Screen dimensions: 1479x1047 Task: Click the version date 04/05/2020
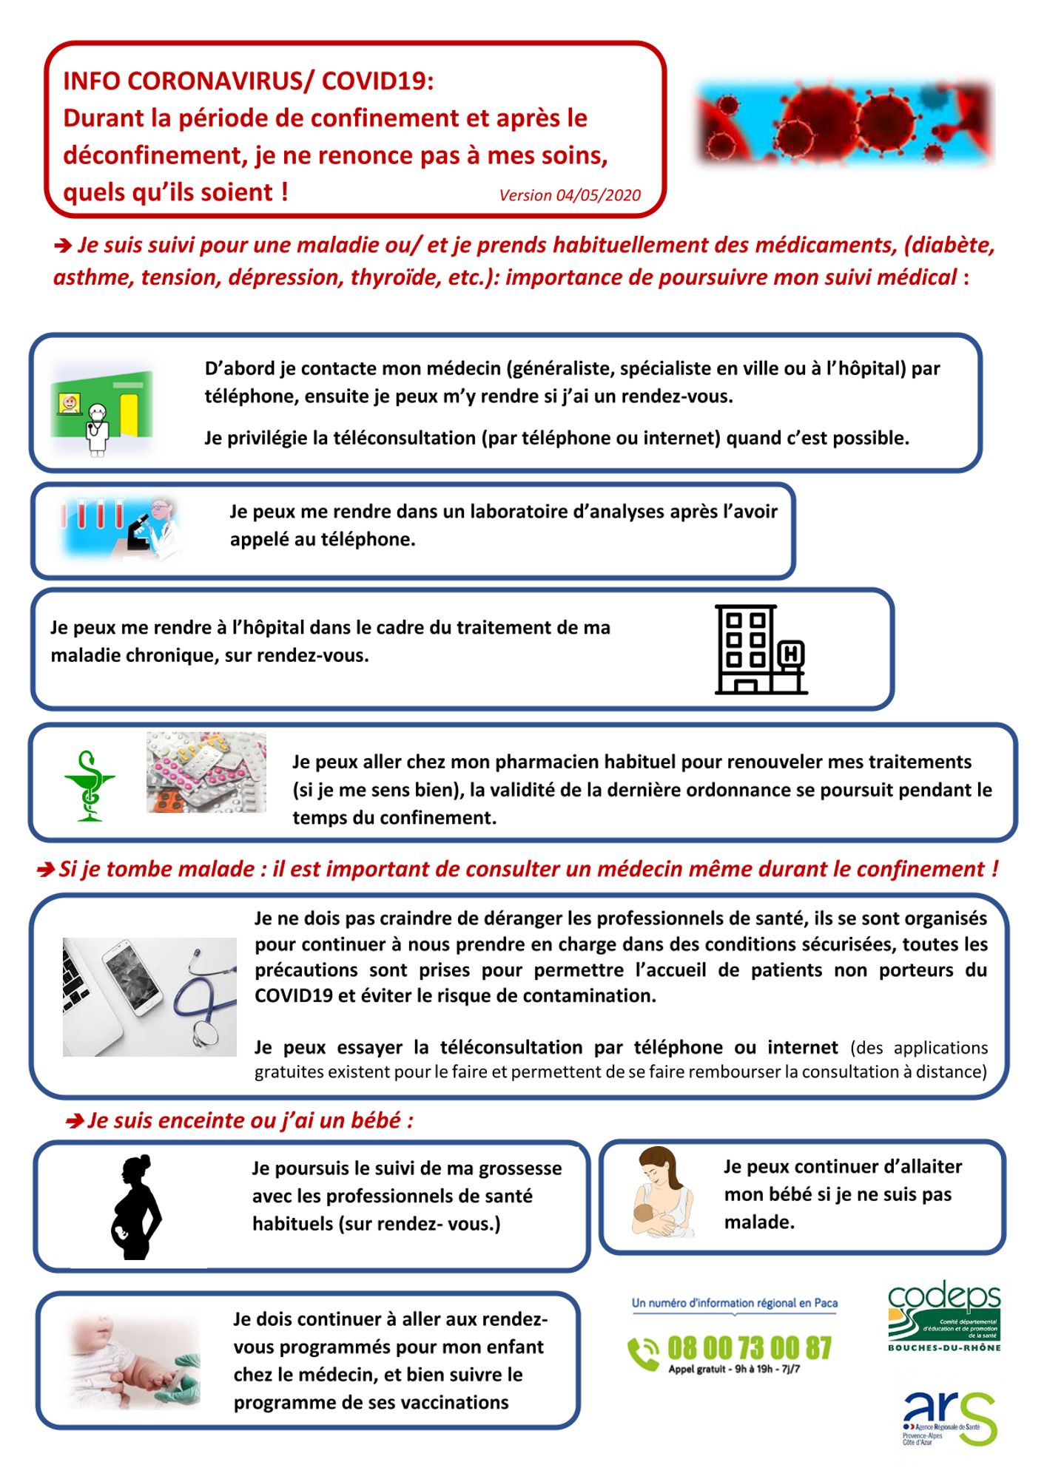click(570, 195)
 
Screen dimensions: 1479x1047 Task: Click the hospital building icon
click(760, 649)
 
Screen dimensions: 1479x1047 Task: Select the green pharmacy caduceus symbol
click(90, 785)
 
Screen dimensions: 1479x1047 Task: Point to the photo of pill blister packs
click(206, 773)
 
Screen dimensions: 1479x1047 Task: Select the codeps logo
click(944, 1313)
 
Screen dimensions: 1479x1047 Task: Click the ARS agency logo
click(949, 1417)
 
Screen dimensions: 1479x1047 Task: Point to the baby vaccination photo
click(134, 1361)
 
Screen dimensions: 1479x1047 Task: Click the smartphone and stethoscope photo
click(149, 997)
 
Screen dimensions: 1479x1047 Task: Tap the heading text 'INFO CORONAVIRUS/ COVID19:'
click(249, 81)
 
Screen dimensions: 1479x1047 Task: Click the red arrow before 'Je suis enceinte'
click(74, 1122)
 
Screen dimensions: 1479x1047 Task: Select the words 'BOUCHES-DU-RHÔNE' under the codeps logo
click(944, 1347)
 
